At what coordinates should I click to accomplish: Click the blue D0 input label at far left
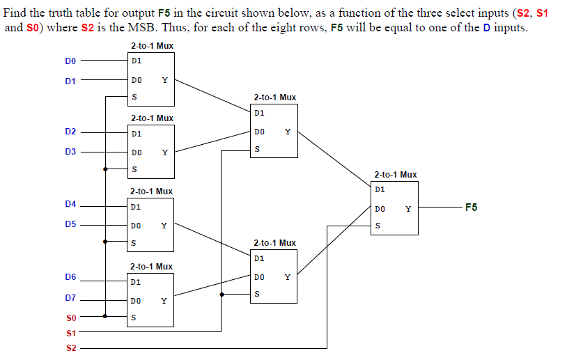coord(70,61)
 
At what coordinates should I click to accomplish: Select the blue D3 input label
coord(70,151)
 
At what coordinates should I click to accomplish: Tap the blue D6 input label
coord(70,277)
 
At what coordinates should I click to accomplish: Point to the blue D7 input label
coord(70,298)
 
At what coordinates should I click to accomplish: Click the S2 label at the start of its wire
coord(70,347)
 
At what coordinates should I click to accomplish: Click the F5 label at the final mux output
coord(471,208)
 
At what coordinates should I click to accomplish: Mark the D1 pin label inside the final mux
coord(380,189)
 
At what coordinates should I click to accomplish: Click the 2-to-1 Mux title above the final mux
coord(395,175)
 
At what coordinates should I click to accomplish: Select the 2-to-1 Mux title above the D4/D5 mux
coord(151,191)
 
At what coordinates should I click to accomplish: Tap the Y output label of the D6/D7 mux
coord(164,301)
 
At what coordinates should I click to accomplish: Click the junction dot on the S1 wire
coord(222,295)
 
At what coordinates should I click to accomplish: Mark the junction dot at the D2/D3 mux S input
coord(105,169)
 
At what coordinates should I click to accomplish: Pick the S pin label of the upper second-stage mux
coord(257,149)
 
